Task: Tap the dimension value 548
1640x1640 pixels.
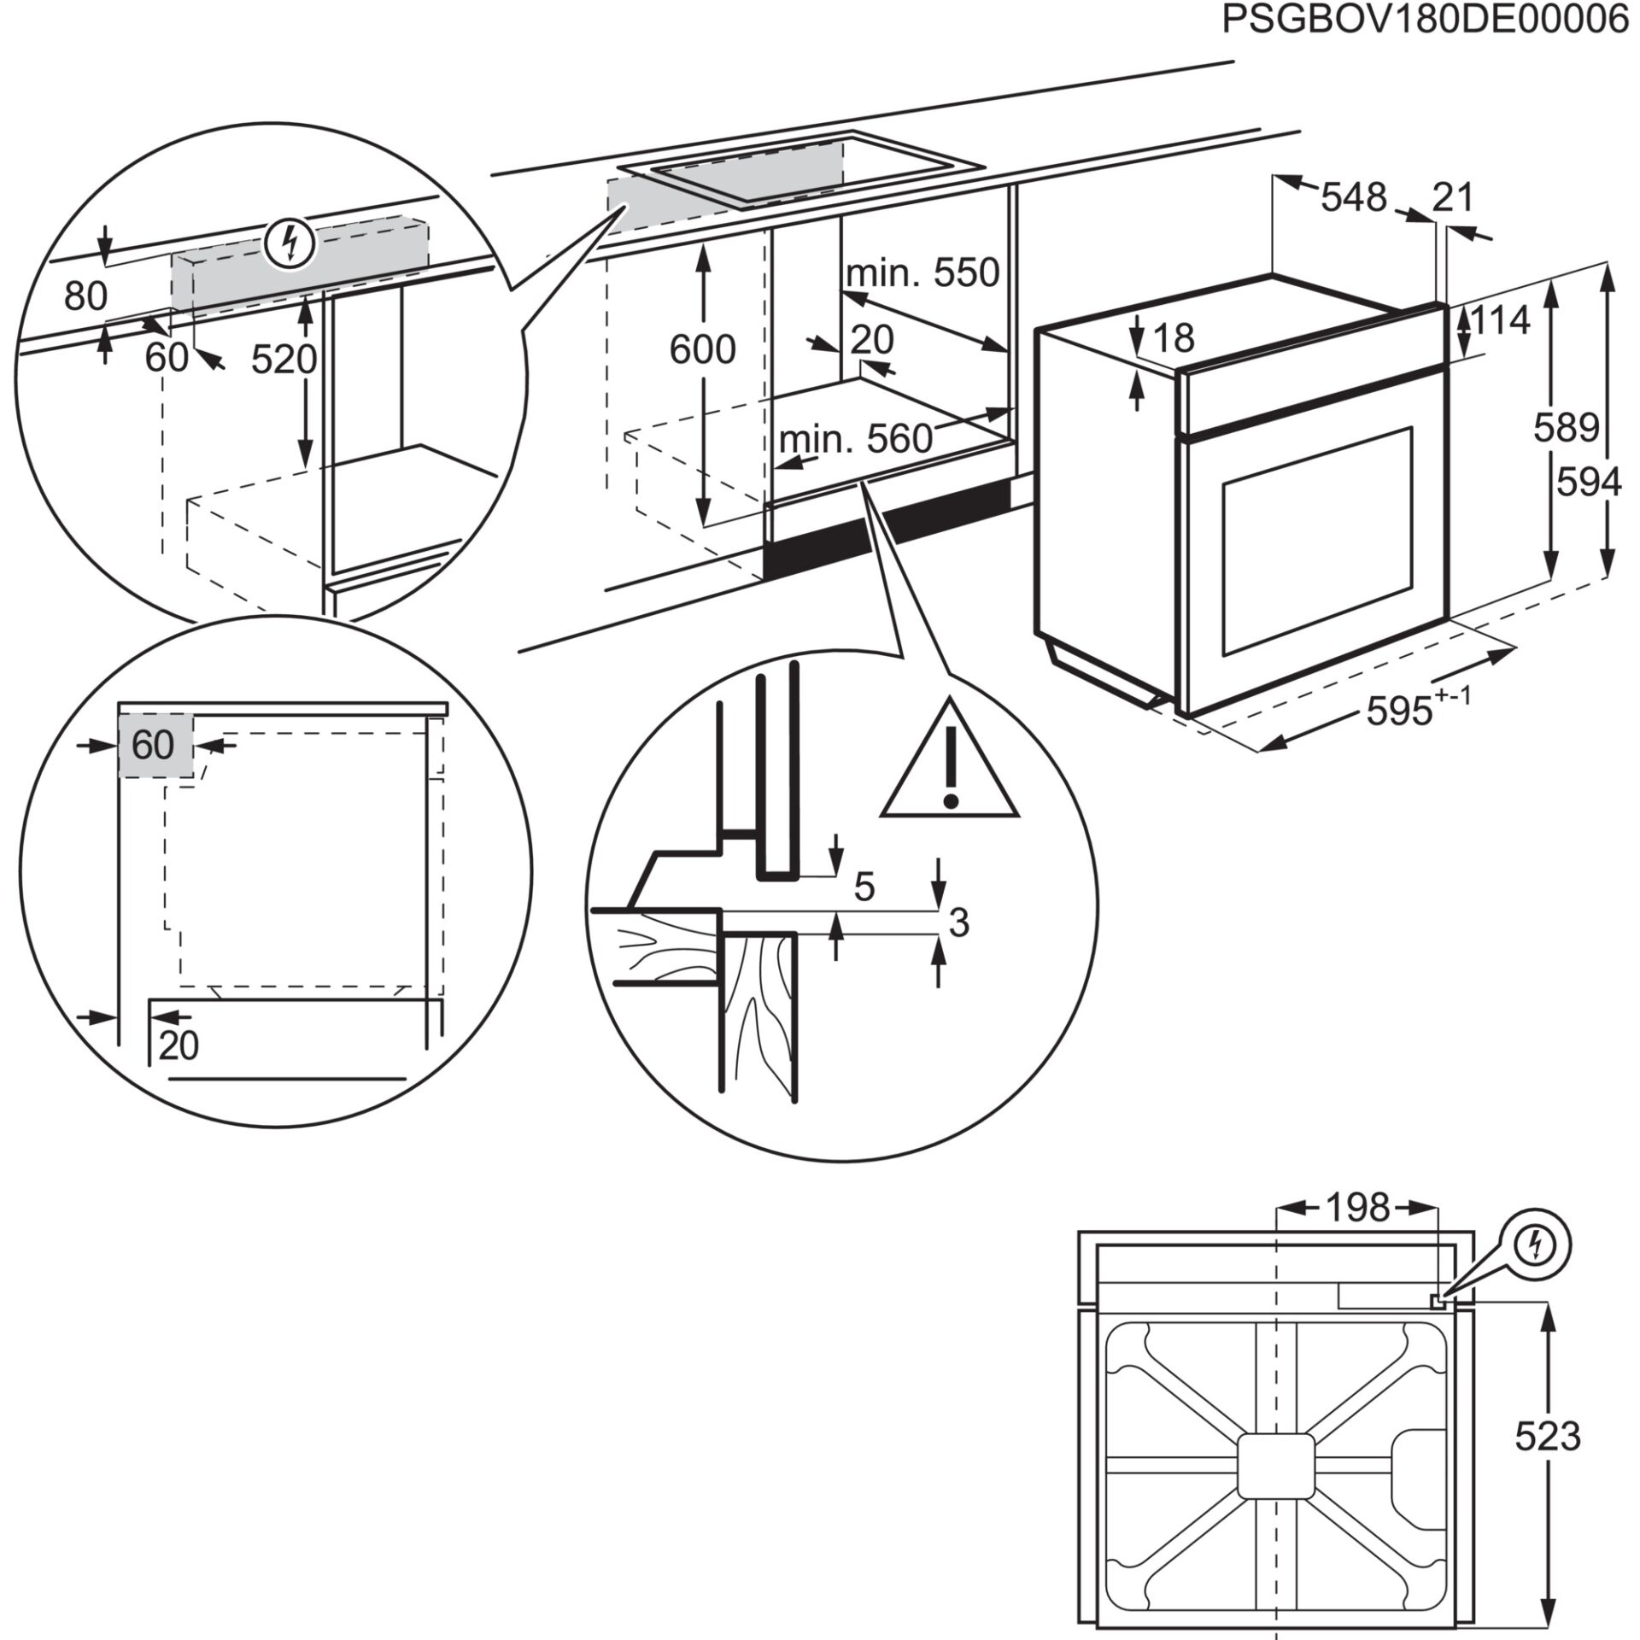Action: click(1354, 198)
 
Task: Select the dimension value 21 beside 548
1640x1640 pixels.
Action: click(1453, 198)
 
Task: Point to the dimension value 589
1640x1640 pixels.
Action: click(1565, 427)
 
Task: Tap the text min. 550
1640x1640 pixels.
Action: click(922, 273)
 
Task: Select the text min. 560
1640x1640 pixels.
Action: click(855, 439)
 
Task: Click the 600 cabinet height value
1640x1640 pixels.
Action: click(702, 350)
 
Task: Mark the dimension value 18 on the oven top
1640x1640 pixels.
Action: click(1174, 338)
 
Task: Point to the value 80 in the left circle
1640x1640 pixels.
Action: click(85, 296)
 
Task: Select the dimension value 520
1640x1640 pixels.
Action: click(284, 360)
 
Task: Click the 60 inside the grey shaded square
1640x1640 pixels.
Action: click(154, 745)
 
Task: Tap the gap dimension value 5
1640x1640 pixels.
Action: click(864, 887)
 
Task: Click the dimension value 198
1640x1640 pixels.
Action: click(1357, 1209)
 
